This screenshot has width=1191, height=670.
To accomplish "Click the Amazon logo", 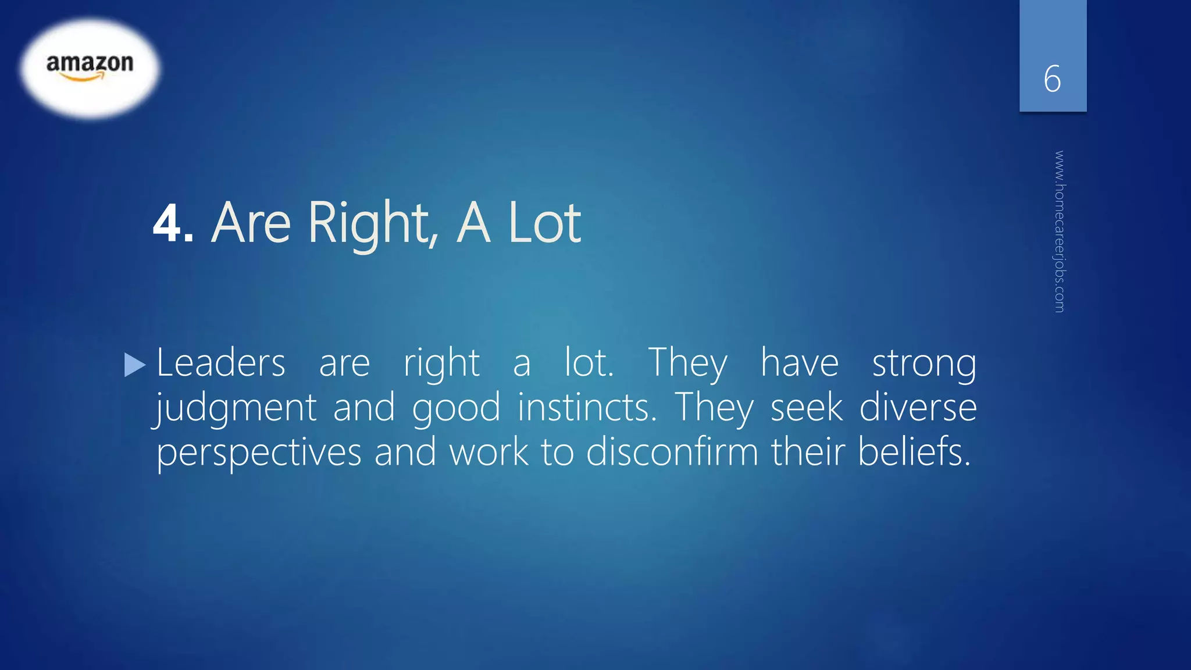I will tap(90, 67).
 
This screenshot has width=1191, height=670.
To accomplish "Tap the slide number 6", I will tap(1052, 79).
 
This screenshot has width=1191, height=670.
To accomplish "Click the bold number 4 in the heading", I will tap(168, 223).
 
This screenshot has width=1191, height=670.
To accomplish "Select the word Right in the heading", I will tap(373, 223).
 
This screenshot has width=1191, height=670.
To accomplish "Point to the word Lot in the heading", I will tap(544, 223).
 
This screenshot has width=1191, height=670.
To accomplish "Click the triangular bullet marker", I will tap(135, 365).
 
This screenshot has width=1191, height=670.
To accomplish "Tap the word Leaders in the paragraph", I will tap(221, 363).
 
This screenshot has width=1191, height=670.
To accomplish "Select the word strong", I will tap(924, 364).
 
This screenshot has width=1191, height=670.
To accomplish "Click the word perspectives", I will tap(259, 453).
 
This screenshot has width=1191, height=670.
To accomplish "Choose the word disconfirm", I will tap(672, 452).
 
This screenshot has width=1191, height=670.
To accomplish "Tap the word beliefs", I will tap(914, 452).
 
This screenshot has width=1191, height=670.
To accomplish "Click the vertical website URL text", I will tap(1060, 231).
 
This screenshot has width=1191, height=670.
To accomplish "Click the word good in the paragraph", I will tap(456, 408).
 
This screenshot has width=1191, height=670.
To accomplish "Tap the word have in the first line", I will tap(800, 363).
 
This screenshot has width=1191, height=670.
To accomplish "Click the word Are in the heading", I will tap(251, 223).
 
